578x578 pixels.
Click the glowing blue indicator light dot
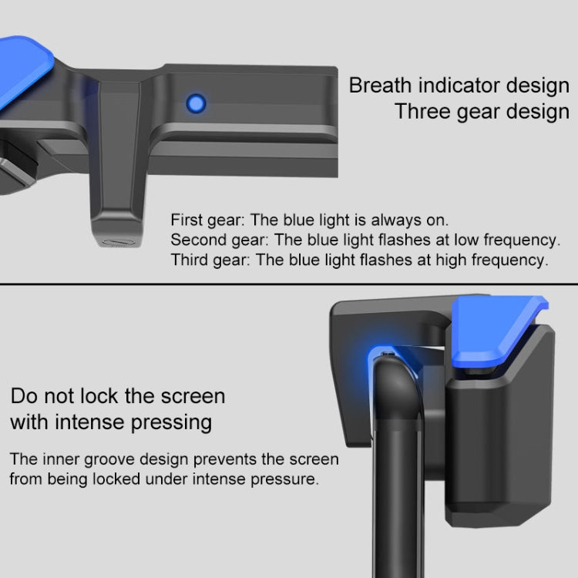point(196,103)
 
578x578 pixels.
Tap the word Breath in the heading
point(381,86)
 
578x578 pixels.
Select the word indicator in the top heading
point(459,86)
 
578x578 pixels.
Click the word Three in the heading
point(423,111)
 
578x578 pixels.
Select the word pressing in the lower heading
point(171,423)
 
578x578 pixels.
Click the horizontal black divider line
point(289,284)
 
